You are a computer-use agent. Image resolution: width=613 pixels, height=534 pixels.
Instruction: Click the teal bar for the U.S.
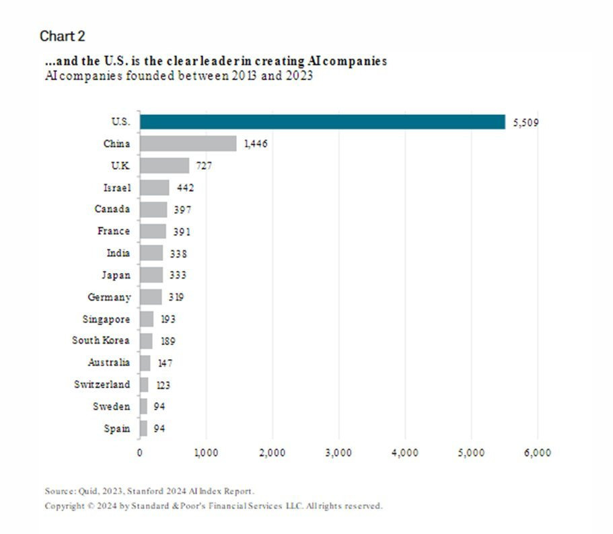coord(322,122)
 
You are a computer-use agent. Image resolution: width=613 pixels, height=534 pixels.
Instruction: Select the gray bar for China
coord(188,143)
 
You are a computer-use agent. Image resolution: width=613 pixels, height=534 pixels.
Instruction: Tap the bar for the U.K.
coord(164,165)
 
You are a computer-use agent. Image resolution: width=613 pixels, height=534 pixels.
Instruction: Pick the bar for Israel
coord(154,188)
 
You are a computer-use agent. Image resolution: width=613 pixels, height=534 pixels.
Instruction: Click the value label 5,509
coord(526,122)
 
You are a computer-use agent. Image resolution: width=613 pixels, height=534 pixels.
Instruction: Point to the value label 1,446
coord(256,144)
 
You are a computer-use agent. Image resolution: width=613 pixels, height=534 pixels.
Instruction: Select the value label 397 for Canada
coord(181,210)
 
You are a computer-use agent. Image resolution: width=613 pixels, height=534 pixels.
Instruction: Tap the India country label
coord(118,254)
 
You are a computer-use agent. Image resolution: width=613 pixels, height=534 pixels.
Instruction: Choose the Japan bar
coord(151,275)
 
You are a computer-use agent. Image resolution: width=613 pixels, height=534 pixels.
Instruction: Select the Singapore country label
coord(106,319)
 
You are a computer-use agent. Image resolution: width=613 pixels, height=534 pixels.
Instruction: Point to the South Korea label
coord(101,340)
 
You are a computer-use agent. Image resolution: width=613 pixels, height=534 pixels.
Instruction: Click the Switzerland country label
coord(102,384)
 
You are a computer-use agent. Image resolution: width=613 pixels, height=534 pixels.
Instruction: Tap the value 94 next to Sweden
coord(159,406)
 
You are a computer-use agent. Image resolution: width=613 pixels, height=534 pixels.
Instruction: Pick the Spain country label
coord(117,428)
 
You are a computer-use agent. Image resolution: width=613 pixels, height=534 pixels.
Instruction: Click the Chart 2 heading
coord(63,35)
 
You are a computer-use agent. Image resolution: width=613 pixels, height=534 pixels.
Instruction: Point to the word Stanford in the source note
coord(140,491)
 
